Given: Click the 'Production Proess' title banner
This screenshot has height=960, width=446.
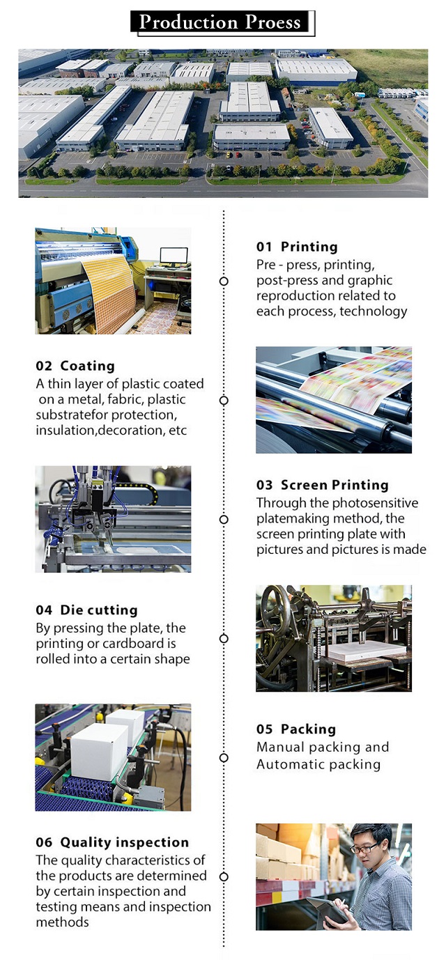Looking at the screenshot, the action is (222, 23).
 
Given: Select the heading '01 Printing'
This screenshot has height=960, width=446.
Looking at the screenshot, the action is (297, 247).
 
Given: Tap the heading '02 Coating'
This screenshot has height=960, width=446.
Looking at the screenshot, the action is (75, 366).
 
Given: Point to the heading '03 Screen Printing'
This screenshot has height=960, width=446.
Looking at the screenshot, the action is (323, 485).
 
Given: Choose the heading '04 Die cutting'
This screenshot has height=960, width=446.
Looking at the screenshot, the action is (86, 610).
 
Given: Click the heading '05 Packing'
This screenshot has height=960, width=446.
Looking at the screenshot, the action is (296, 729).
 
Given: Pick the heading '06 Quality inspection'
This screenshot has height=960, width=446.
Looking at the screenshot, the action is (112, 842).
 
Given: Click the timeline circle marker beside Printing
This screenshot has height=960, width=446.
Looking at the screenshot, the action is (224, 281).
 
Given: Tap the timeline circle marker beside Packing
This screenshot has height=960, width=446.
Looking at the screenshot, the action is (224, 758).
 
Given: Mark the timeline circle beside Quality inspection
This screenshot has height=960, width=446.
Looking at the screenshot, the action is (224, 877).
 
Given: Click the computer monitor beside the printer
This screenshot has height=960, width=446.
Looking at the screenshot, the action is (174, 256).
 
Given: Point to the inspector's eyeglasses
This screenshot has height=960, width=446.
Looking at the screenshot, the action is (365, 848).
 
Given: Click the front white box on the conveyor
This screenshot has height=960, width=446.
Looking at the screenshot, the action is (99, 751).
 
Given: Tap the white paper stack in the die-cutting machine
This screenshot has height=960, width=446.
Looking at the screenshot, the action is (367, 651).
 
